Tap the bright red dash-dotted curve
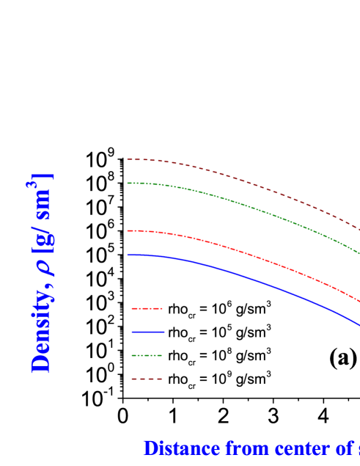pyautogui.click(x=242, y=252)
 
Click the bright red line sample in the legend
pyautogui.click(x=147, y=309)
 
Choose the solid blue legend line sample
pyautogui.click(x=147, y=332)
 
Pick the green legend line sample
pyautogui.click(x=147, y=356)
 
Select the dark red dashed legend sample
pyautogui.click(x=147, y=379)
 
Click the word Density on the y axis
pyautogui.click(x=43, y=337)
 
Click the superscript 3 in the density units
pyautogui.click(x=32, y=188)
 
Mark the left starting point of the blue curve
pyautogui.click(x=128, y=255)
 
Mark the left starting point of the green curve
pyautogui.click(x=128, y=183)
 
